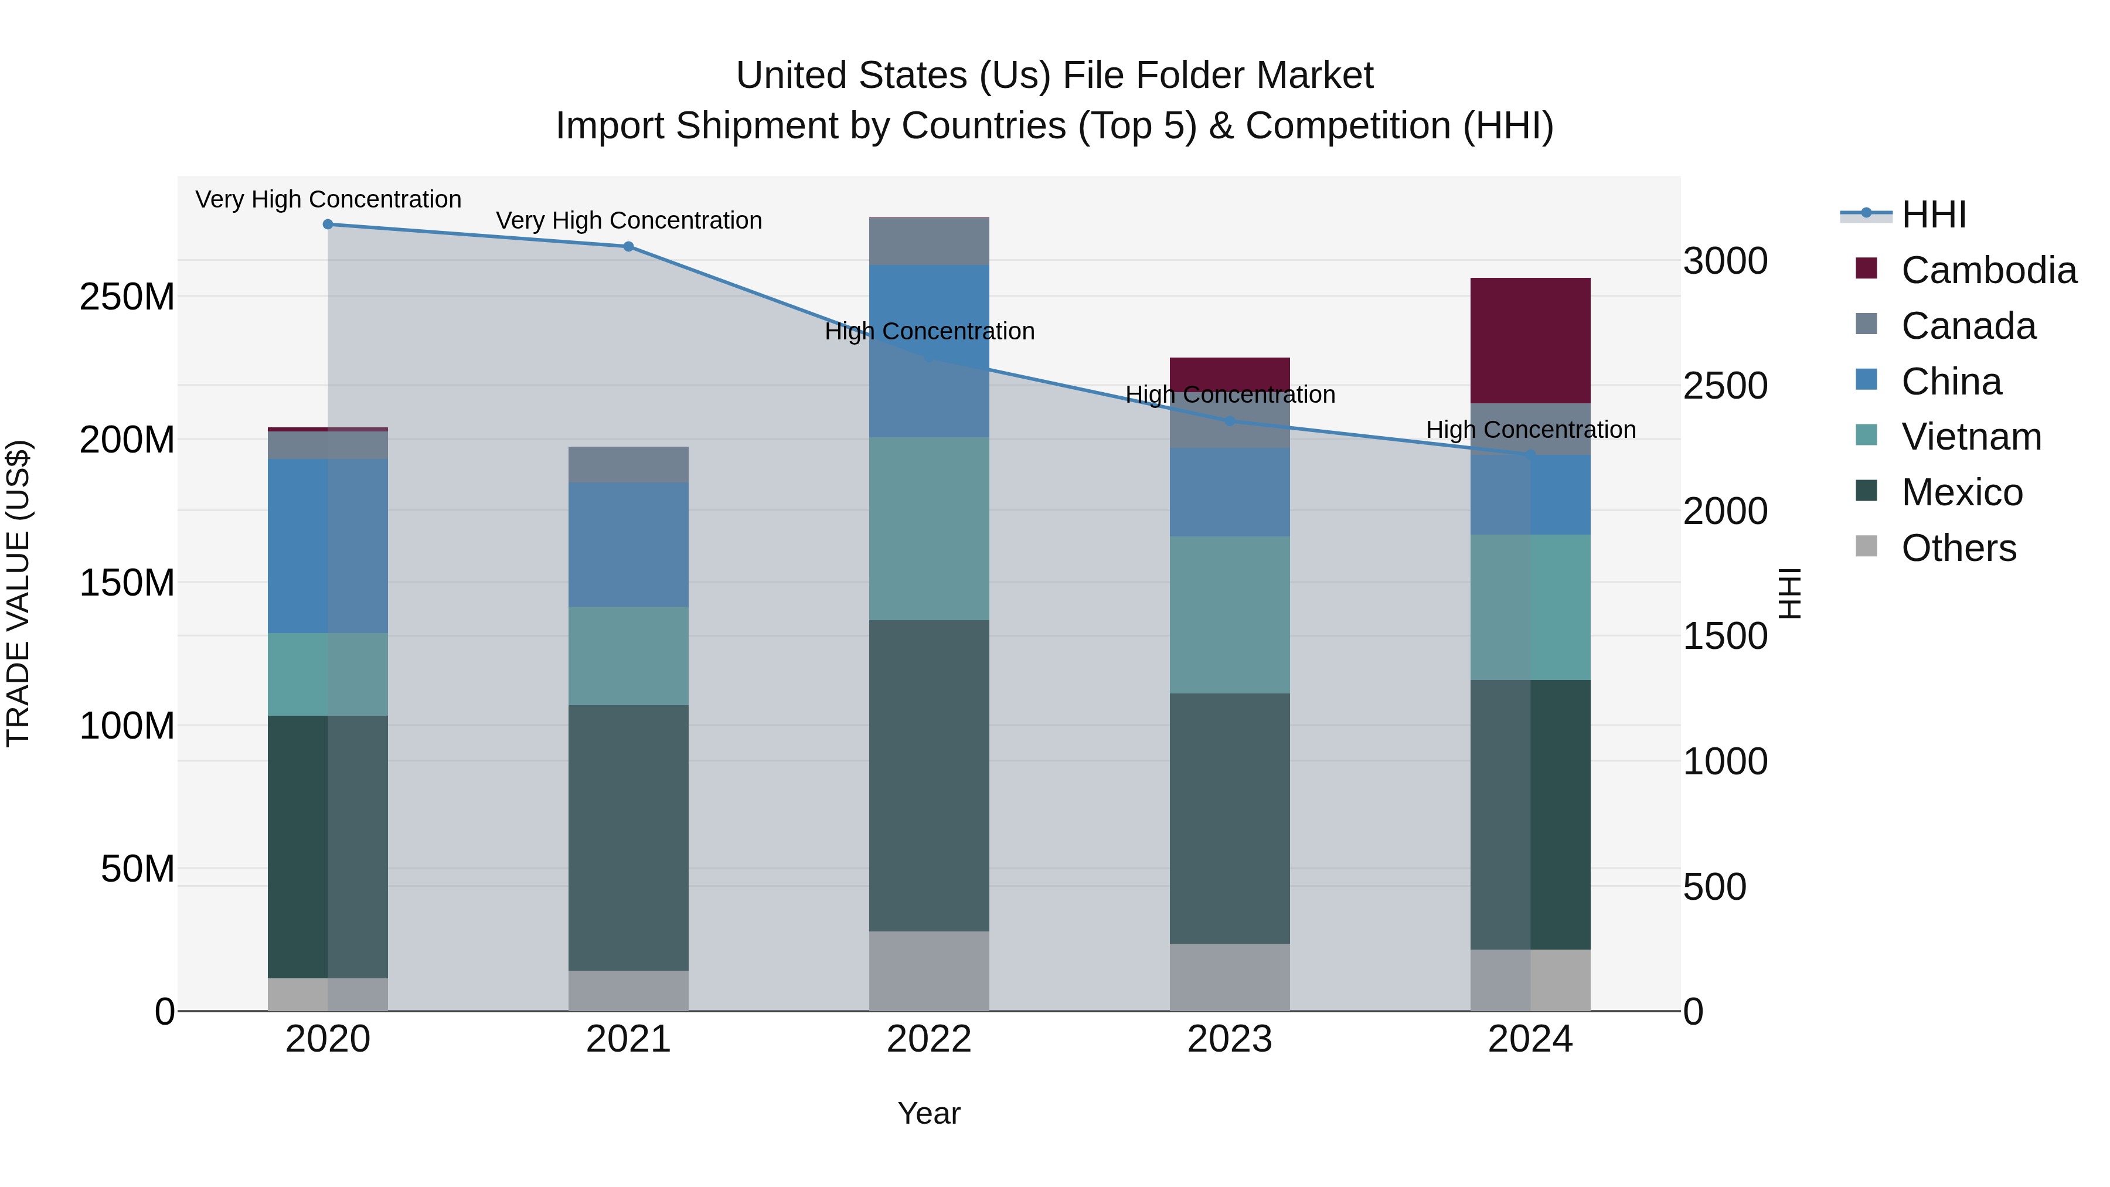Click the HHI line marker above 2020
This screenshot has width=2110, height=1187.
point(328,225)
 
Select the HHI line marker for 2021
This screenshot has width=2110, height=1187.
point(628,247)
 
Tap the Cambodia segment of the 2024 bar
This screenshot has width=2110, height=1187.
point(1530,340)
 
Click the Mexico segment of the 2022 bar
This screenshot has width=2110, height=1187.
point(929,775)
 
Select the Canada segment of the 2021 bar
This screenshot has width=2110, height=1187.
point(628,464)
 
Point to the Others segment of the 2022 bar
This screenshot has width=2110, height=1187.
point(929,971)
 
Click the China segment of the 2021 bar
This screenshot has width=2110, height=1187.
point(628,544)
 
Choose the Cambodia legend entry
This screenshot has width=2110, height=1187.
point(1988,270)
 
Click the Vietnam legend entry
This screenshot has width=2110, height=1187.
point(1970,437)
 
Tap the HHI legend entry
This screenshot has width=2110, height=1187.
point(1933,215)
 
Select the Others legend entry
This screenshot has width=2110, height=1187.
point(1958,548)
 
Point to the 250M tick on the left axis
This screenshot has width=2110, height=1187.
point(127,297)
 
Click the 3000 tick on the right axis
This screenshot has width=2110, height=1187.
point(1725,261)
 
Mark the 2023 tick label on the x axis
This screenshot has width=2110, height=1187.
point(1230,1039)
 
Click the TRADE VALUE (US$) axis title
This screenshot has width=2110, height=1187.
point(18,593)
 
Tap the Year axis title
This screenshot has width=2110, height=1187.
point(929,1113)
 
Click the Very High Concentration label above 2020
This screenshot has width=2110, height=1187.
point(328,199)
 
